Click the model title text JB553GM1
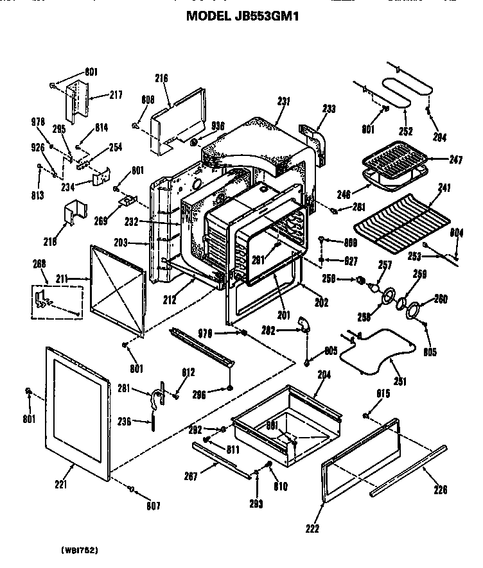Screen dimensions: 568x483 [242, 16]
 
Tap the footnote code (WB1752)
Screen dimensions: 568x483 [80, 550]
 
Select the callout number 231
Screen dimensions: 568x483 [283, 101]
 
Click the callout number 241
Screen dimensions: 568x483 [444, 188]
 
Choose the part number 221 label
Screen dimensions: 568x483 [60, 485]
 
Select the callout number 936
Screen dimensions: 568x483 [218, 127]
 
